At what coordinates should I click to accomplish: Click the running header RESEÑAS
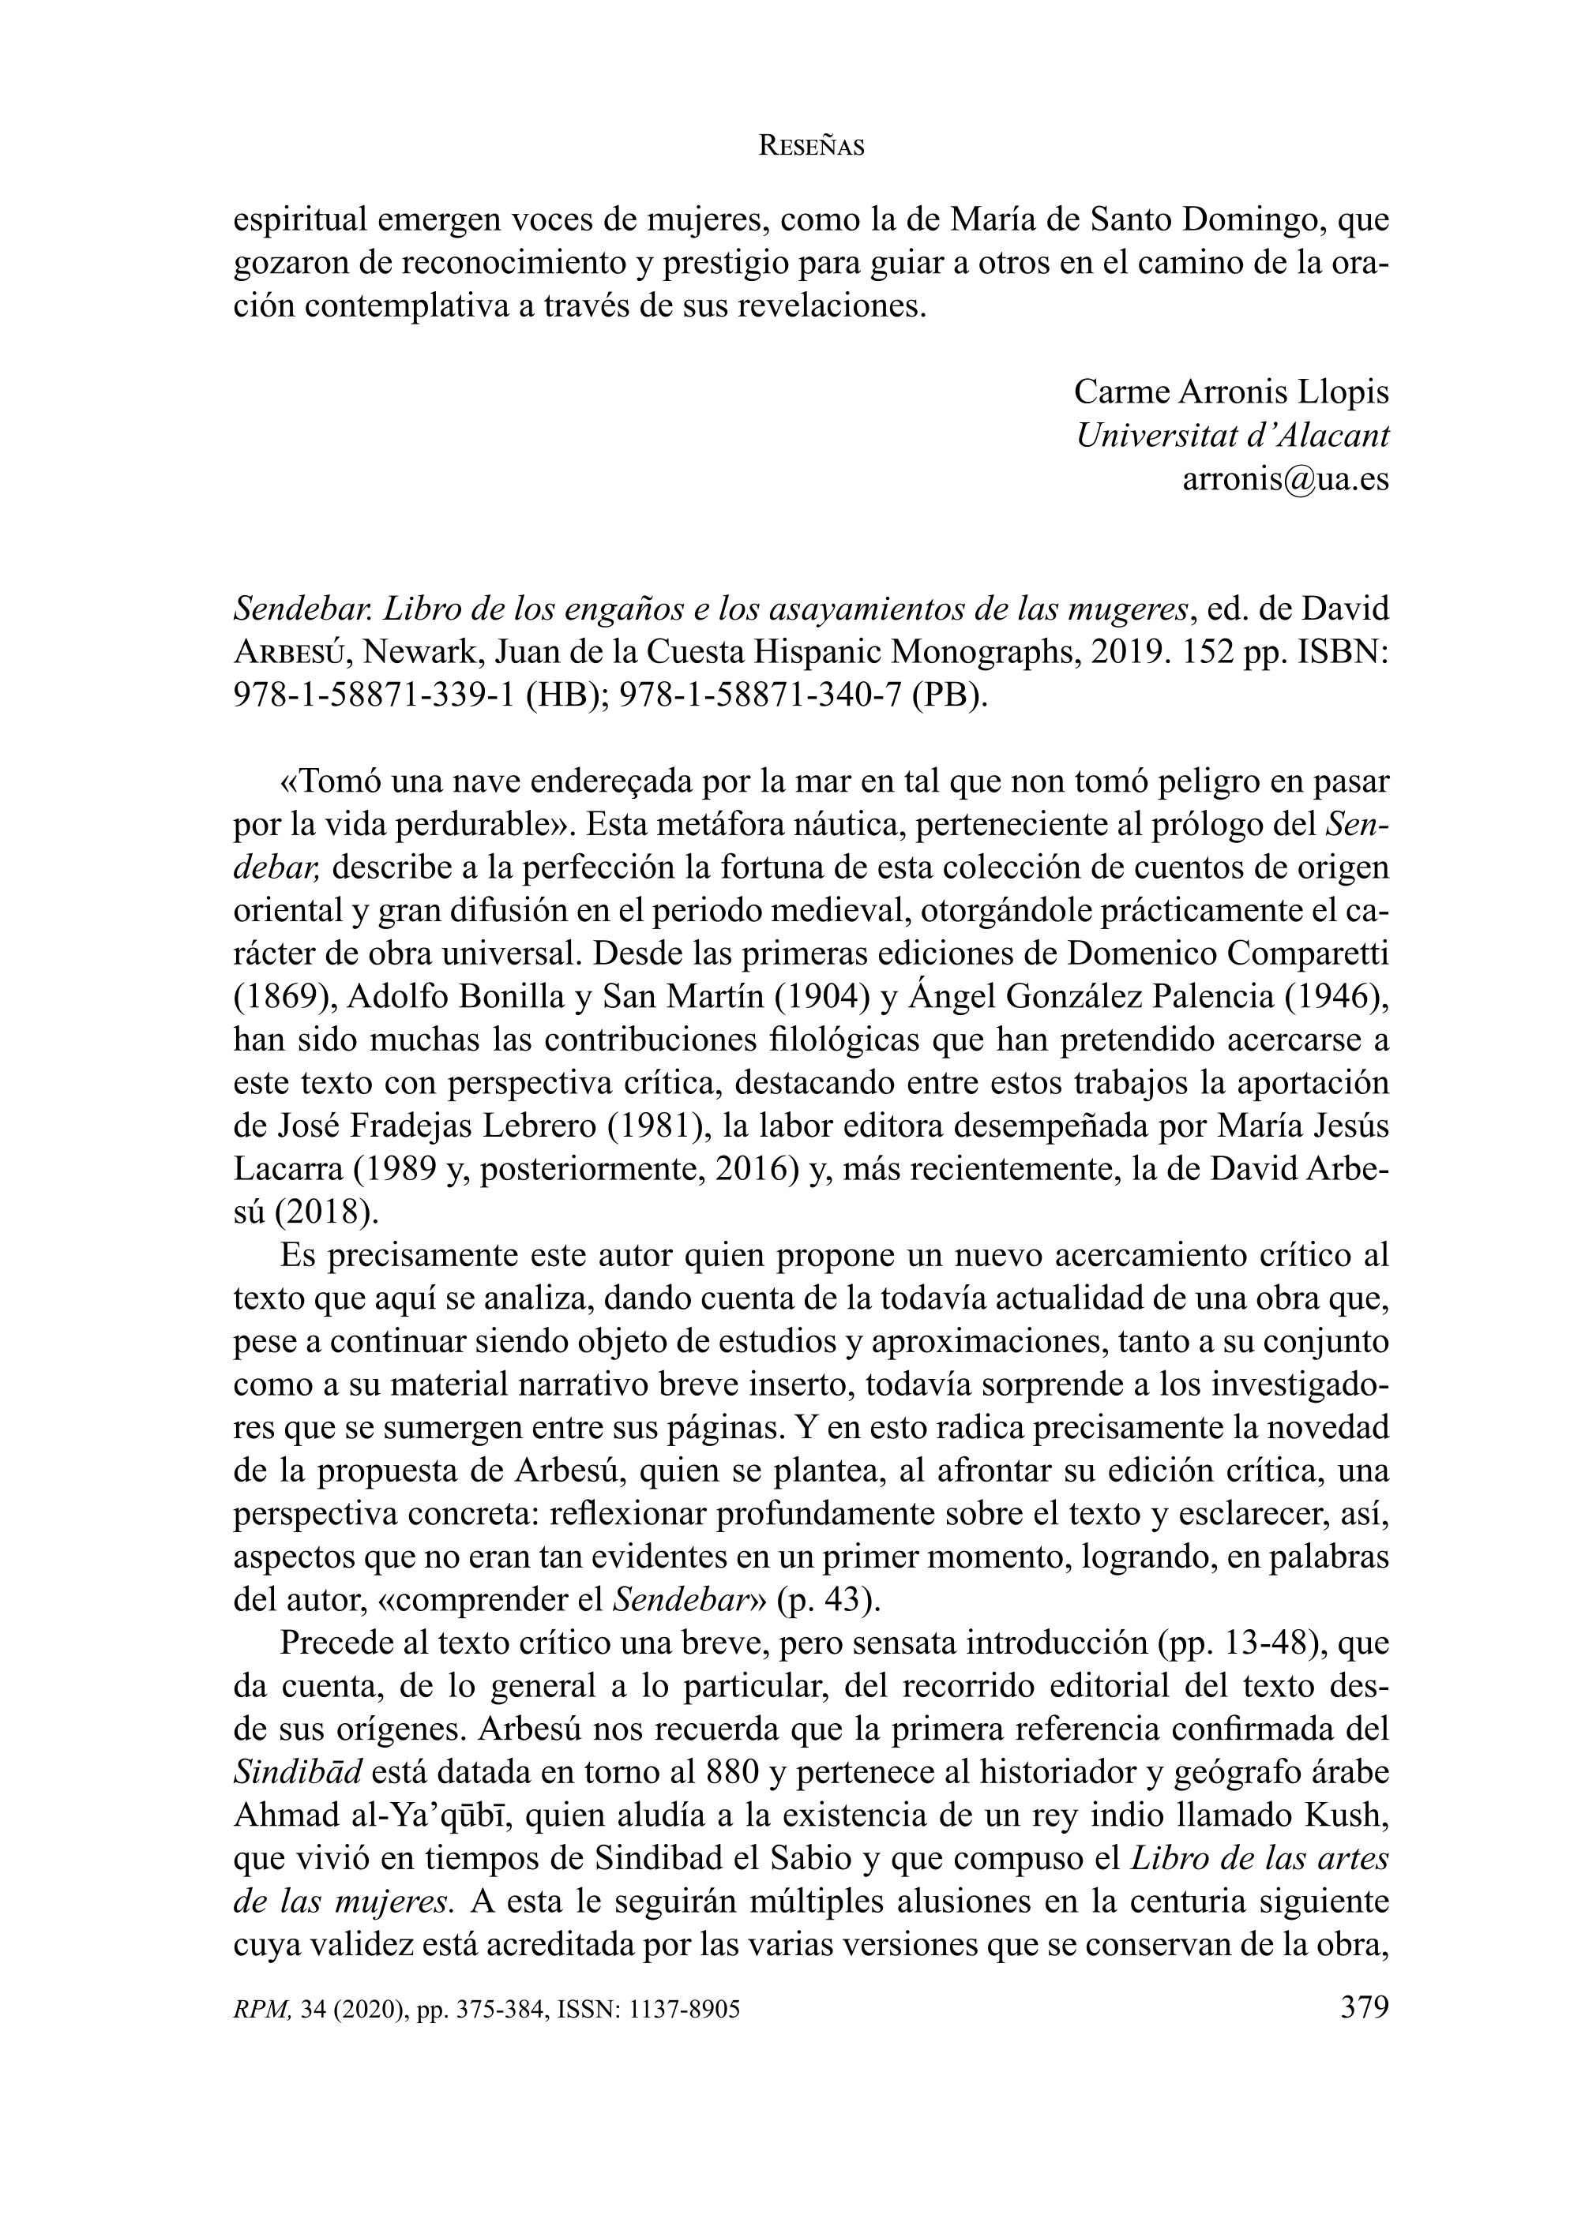coord(811,148)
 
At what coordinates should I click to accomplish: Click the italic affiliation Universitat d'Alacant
coord(1232,435)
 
